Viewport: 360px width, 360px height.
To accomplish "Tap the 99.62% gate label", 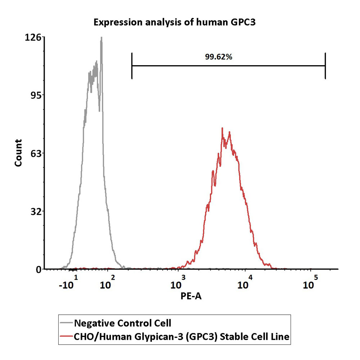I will [x=219, y=57].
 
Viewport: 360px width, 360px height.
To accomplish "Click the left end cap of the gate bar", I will [x=132, y=66].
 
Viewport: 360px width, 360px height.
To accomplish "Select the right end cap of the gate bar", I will [x=325, y=66].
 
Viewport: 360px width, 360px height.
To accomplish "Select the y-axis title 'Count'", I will [x=18, y=153].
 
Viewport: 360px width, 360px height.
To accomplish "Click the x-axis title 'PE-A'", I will [x=191, y=296].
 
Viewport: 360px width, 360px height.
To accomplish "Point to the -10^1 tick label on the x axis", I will [x=68, y=283].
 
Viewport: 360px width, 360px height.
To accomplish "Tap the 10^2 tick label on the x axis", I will [x=107, y=283].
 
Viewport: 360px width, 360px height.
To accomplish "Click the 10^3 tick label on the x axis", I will [x=177, y=283].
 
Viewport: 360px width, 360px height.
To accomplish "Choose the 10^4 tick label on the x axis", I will [x=245, y=283].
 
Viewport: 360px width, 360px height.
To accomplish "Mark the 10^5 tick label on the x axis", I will [x=310, y=283].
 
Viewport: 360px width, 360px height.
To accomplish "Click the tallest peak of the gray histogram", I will [x=102, y=38].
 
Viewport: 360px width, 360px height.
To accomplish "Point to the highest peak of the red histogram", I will [x=222, y=129].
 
